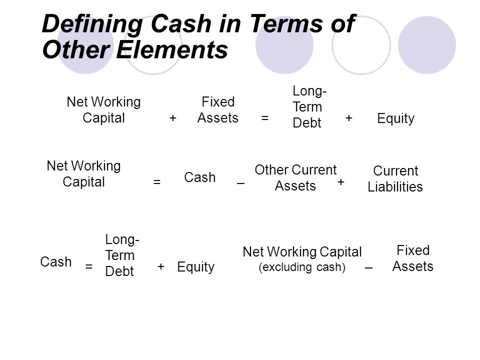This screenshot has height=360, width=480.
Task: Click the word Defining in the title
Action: point(92,24)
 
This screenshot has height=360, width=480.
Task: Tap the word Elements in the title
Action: point(172,50)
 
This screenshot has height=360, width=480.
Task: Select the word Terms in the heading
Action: point(286,23)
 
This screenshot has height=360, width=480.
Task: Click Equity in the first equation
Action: point(395,118)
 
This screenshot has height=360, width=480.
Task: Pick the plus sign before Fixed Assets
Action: point(173,118)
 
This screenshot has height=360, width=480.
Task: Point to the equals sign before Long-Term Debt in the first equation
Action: point(265,118)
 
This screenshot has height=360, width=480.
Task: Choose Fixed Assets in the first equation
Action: point(218,110)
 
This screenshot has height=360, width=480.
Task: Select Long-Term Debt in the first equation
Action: point(309,107)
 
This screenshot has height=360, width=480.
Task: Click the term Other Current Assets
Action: point(295,178)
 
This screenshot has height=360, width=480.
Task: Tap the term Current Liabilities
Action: point(395,179)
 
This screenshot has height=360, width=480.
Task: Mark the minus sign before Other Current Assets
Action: point(240,183)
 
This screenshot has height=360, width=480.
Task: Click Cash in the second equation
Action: point(200,177)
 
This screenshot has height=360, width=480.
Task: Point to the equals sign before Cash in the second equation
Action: point(156,182)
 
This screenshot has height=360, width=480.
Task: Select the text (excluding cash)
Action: point(302,267)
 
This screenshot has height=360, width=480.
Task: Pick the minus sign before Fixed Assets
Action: point(368,268)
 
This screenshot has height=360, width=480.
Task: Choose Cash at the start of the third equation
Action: point(55,262)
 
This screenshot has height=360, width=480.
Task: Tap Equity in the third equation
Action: point(195,267)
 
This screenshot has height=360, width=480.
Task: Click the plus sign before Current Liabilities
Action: point(340,182)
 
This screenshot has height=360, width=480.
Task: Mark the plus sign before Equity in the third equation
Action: point(161,266)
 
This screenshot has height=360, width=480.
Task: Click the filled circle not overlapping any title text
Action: point(427,45)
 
